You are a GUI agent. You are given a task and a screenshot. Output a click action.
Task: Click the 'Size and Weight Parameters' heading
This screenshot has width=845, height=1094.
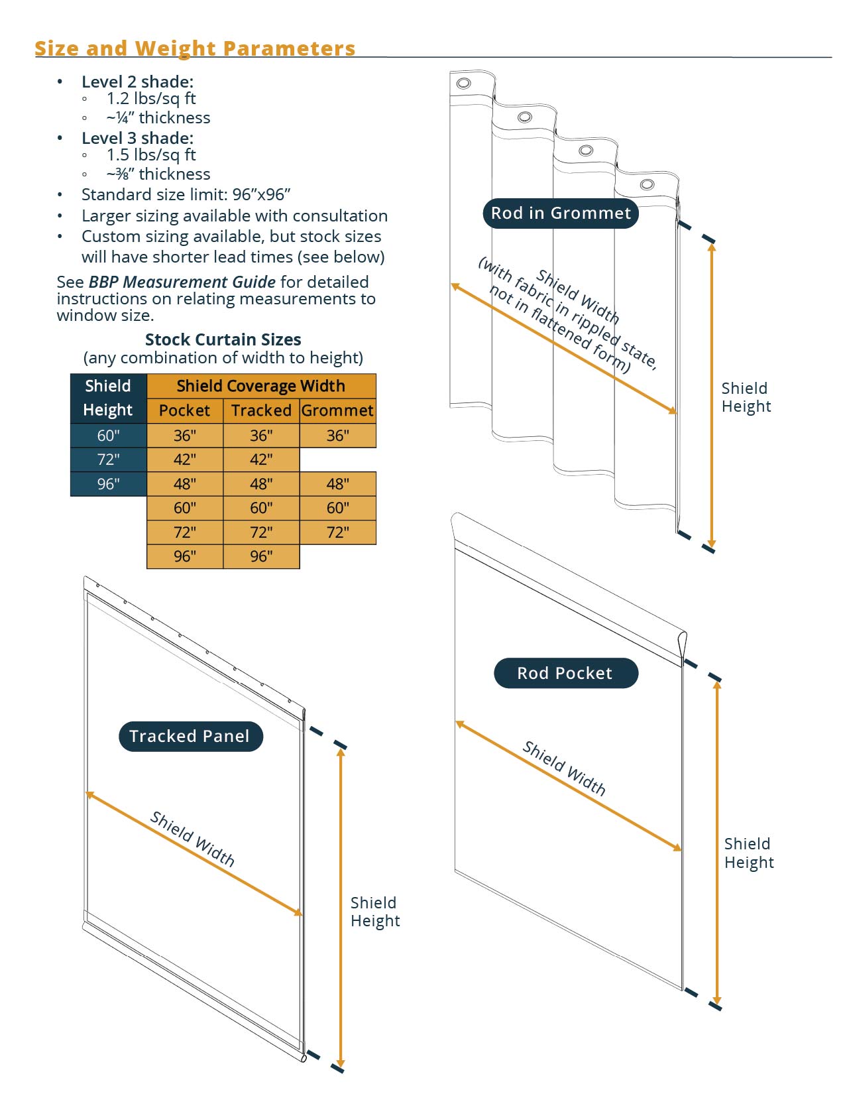[x=195, y=48]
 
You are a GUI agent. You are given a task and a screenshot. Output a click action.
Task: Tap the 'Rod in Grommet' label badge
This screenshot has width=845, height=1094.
[x=561, y=213]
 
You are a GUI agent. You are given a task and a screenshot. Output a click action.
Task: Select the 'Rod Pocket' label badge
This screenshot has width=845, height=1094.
[x=565, y=674]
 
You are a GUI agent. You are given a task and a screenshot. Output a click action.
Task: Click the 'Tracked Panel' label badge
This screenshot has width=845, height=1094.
[x=190, y=737]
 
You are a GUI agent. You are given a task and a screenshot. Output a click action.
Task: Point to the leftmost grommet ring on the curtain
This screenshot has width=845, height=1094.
[x=464, y=84]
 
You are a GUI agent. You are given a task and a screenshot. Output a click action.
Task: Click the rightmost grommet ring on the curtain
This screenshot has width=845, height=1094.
[x=648, y=184]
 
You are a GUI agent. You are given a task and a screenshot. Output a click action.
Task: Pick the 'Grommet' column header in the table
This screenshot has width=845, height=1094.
[x=337, y=410]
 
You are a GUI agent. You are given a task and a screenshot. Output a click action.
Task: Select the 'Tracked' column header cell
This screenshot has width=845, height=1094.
[x=261, y=410]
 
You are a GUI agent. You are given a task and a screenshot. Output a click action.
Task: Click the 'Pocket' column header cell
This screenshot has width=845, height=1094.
[x=184, y=410]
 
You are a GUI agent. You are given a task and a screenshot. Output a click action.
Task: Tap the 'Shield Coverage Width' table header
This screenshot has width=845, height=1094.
[x=261, y=386]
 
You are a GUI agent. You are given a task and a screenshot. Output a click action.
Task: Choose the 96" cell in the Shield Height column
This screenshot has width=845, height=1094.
[x=108, y=484]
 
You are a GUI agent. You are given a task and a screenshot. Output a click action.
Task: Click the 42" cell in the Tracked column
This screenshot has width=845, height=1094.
[x=261, y=459]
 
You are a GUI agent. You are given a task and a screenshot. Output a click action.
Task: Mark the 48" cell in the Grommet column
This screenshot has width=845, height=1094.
[x=337, y=484]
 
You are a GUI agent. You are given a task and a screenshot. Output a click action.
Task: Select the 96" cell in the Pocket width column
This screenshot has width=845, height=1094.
[x=184, y=556]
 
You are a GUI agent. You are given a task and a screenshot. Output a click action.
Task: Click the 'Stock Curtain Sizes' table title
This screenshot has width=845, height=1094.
[x=223, y=339]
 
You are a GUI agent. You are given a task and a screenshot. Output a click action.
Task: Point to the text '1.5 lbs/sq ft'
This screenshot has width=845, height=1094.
[x=151, y=155]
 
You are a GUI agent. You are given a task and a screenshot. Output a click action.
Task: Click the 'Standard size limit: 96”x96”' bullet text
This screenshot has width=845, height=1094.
[x=186, y=195]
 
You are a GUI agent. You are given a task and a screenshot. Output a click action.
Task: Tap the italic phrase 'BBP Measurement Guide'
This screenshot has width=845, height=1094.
[x=182, y=282]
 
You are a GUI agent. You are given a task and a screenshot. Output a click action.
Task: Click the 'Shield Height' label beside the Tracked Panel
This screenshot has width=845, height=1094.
[x=375, y=912]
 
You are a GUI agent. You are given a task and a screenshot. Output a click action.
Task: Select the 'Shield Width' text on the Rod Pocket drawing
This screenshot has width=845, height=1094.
[x=564, y=768]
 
